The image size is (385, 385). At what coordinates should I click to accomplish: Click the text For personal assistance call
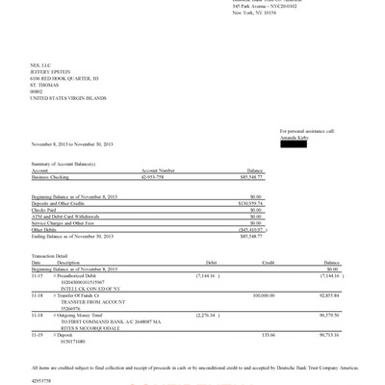(x=307, y=130)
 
